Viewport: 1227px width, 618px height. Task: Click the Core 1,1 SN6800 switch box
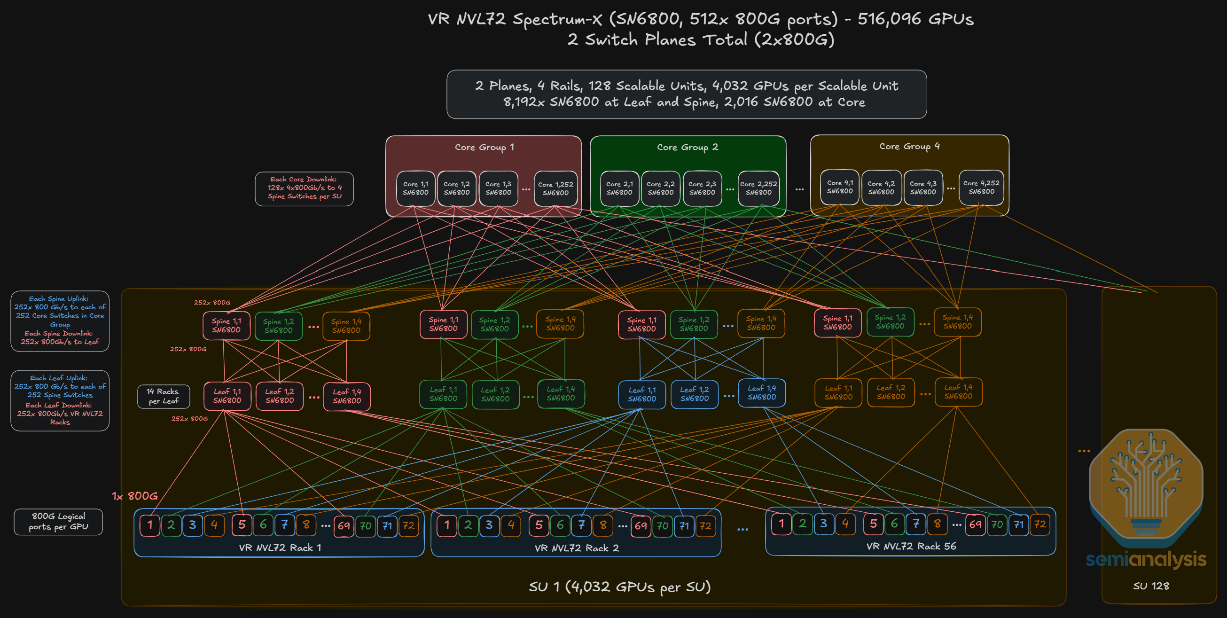(416, 188)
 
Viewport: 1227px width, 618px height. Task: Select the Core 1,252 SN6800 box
(556, 188)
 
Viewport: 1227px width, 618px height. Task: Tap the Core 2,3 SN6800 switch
(702, 188)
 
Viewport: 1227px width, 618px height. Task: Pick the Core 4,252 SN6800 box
(981, 187)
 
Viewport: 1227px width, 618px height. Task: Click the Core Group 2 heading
(688, 147)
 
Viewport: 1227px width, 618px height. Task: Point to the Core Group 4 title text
(909, 146)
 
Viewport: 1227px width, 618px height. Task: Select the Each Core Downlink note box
(304, 188)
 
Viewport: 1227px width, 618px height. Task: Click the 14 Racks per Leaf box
(164, 397)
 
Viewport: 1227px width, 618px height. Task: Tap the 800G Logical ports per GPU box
(58, 522)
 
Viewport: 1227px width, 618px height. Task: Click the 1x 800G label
(135, 496)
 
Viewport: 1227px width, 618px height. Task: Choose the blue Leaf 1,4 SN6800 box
(762, 392)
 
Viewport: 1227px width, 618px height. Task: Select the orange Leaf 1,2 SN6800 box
(891, 392)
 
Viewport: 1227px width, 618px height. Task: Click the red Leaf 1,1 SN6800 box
(227, 396)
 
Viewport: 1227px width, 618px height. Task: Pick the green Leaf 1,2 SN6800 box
(495, 394)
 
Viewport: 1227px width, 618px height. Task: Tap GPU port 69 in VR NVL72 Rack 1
(344, 526)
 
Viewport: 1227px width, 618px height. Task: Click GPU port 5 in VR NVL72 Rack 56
(873, 524)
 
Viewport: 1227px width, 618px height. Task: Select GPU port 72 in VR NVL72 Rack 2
(705, 525)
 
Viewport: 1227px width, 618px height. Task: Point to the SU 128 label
(1151, 586)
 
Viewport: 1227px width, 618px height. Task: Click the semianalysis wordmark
(1146, 559)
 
